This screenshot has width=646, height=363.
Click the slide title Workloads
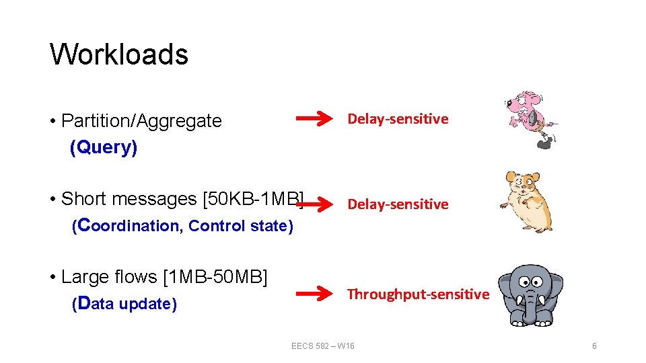(x=119, y=54)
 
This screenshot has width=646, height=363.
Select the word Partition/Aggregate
(x=141, y=121)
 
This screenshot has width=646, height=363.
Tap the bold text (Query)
(x=104, y=147)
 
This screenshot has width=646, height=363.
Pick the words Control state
(x=241, y=226)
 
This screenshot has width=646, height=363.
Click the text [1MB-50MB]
(x=215, y=277)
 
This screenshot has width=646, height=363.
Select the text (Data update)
(x=124, y=304)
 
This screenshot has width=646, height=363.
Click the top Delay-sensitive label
(x=398, y=119)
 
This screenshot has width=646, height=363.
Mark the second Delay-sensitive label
(x=398, y=204)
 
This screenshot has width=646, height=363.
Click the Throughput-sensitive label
(x=418, y=294)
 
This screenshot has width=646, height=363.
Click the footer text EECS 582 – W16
(x=323, y=346)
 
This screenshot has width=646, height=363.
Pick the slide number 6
(x=594, y=346)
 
